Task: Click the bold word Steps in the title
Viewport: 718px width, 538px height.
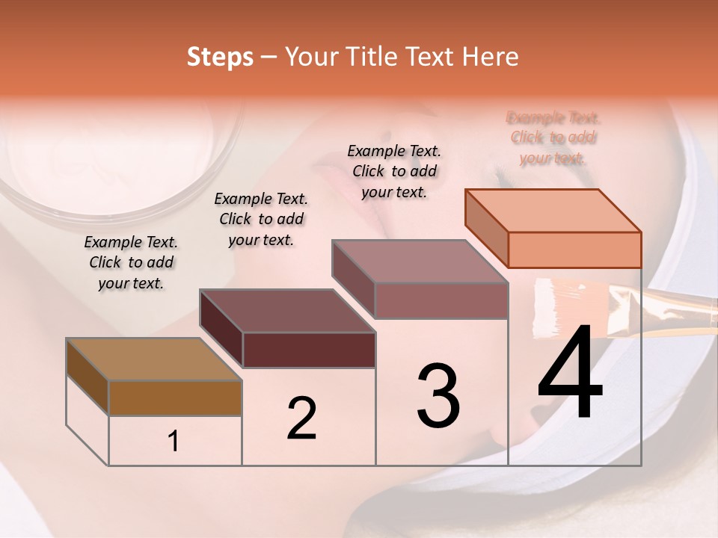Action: pyautogui.click(x=220, y=57)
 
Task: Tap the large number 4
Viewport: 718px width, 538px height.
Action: pyautogui.click(x=571, y=374)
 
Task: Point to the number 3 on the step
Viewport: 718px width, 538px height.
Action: pyautogui.click(x=438, y=396)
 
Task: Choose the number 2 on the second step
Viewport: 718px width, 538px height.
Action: pyautogui.click(x=301, y=418)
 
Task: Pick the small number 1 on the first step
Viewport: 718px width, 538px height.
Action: pyautogui.click(x=174, y=442)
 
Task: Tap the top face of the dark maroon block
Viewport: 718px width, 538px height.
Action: pyautogui.click(x=288, y=311)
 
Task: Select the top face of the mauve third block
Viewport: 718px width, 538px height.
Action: pyautogui.click(x=420, y=262)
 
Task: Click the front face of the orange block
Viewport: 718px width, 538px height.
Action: pyautogui.click(x=574, y=250)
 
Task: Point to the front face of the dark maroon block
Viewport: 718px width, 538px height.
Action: pyautogui.click(x=309, y=350)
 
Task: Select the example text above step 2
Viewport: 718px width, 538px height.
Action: pyautogui.click(x=261, y=219)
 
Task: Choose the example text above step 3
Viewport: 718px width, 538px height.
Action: pyautogui.click(x=394, y=171)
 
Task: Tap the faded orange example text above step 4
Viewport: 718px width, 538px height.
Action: pyautogui.click(x=553, y=137)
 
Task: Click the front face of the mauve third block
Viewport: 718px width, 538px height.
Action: pyautogui.click(x=441, y=300)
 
